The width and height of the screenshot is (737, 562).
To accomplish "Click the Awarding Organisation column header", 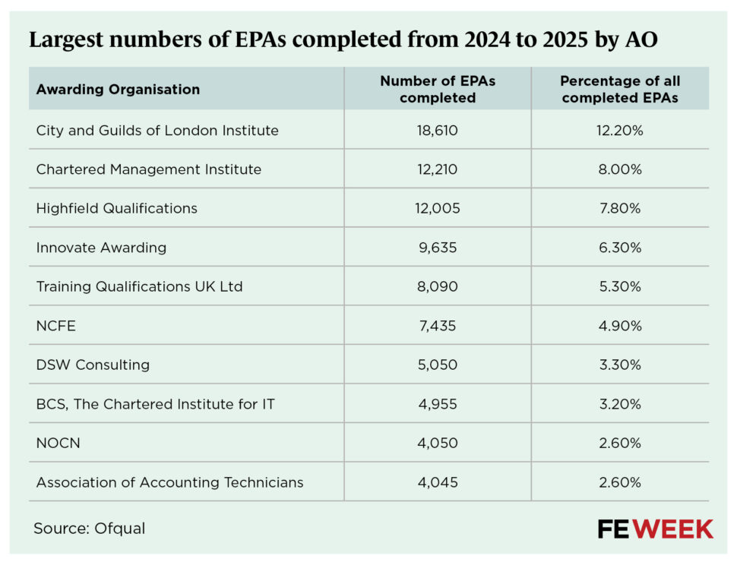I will [118, 89].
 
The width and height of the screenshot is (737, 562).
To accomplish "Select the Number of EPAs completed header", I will [438, 89].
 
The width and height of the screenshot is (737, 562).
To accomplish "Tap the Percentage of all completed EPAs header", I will [620, 89].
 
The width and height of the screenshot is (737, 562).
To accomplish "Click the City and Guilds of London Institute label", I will [157, 130].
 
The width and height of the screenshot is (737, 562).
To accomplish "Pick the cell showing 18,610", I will [438, 130].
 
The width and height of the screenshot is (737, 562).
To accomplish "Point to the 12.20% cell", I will [620, 130].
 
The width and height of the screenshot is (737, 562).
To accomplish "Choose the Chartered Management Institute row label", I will [149, 169].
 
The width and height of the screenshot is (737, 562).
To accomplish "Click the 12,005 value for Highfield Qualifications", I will [438, 208].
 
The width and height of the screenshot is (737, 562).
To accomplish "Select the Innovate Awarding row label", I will [101, 248].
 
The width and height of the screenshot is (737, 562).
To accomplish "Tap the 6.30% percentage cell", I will [620, 248].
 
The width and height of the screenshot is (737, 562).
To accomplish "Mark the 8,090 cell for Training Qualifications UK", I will [438, 286].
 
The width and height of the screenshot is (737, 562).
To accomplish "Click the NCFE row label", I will [56, 326].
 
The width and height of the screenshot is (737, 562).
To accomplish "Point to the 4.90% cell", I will [620, 326].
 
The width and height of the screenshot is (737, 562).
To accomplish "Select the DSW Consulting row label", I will [93, 365].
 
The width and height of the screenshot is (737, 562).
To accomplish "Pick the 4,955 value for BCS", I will [438, 404].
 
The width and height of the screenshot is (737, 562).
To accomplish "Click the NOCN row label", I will [58, 443].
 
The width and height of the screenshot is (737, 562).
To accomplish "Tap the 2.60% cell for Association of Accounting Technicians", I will [620, 482].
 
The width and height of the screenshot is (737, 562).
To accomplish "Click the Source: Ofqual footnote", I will [89, 528].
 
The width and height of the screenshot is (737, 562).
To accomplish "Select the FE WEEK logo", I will [655, 529].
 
